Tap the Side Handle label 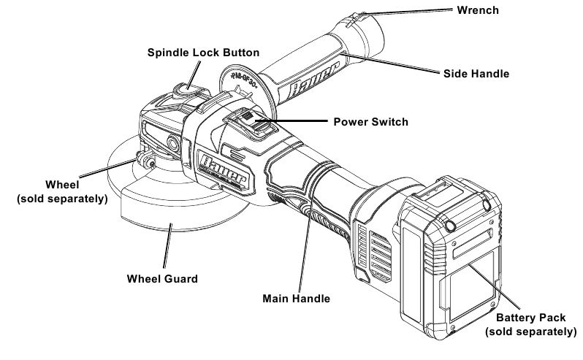[x=477, y=74]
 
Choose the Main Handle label [x=296, y=298]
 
